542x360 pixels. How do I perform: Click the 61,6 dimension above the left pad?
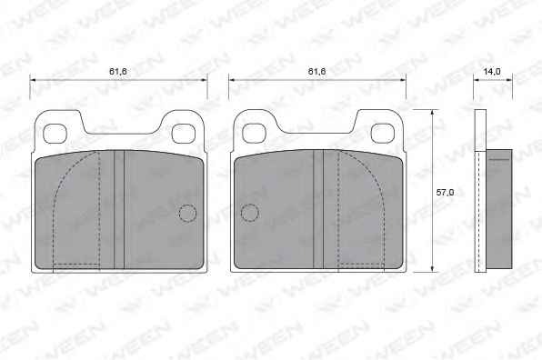pyautogui.click(x=118, y=72)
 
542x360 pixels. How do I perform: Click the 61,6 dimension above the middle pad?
pyautogui.click(x=316, y=72)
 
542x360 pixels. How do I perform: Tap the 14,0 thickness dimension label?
pyautogui.click(x=492, y=72)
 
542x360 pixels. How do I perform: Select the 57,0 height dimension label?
pyautogui.click(x=445, y=193)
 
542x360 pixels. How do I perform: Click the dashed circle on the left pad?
pyautogui.click(x=187, y=213)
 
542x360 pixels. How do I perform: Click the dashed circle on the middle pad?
pyautogui.click(x=249, y=213)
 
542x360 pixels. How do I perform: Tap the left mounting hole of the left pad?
pyautogui.click(x=55, y=134)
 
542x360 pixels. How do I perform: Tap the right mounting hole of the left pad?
pyautogui.click(x=183, y=134)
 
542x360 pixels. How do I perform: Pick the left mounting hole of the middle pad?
pyautogui.click(x=254, y=134)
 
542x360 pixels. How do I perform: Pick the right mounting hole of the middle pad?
pyautogui.click(x=382, y=134)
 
